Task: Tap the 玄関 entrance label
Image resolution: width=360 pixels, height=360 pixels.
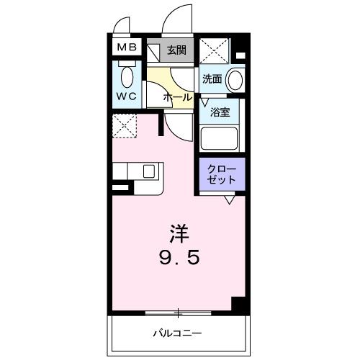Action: point(177,50)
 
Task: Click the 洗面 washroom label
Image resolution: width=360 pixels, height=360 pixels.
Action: point(211,79)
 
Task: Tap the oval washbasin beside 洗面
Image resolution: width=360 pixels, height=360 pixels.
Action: point(235,79)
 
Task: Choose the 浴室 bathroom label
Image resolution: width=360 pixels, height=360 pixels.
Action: point(220,112)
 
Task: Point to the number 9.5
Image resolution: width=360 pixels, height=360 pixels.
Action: point(179,256)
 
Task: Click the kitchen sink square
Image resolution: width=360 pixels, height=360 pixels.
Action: point(150,171)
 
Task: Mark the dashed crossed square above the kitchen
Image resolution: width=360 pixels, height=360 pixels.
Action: point(125,126)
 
